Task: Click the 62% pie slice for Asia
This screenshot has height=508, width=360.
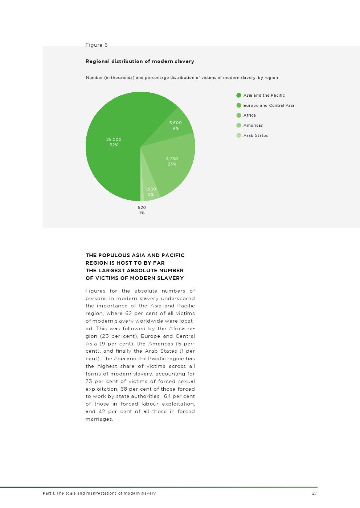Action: point(109,163)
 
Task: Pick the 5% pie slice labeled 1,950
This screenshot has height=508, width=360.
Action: point(151,192)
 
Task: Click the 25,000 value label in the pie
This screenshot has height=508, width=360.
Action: point(114,139)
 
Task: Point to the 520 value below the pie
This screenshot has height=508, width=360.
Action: point(142,207)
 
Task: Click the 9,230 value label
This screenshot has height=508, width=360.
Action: point(172,159)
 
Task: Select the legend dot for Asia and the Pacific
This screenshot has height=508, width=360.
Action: point(239,95)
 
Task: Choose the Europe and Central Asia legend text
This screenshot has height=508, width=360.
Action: point(269,105)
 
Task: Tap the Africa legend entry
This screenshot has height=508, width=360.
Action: point(249,115)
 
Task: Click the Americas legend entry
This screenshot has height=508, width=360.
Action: point(253,125)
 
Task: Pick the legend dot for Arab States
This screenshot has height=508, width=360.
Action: point(239,135)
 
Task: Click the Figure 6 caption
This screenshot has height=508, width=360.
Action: point(97,45)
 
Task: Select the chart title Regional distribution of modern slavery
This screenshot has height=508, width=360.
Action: point(140,61)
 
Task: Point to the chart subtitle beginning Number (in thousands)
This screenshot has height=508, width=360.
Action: point(182,77)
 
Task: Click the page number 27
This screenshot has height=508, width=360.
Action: point(314,493)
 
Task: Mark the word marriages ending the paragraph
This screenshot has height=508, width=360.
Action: point(99,419)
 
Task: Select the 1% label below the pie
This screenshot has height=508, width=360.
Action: point(142,213)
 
